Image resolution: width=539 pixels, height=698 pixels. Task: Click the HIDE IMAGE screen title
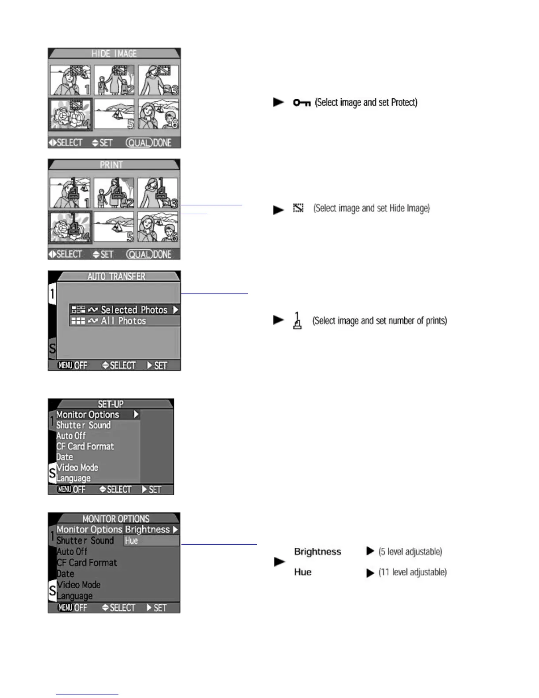click(x=114, y=54)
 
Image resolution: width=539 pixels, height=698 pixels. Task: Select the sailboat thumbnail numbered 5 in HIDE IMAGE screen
click(x=114, y=114)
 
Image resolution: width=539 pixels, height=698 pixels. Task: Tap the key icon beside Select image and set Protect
click(x=302, y=103)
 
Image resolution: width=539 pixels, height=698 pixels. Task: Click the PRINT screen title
click(x=111, y=165)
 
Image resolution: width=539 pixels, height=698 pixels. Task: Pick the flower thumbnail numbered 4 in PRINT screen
click(x=70, y=227)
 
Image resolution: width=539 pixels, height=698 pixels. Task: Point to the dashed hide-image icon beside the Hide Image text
click(x=299, y=208)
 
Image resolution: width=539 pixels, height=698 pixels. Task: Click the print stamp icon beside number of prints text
click(x=298, y=321)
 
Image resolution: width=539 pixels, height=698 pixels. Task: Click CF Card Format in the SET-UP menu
click(x=85, y=446)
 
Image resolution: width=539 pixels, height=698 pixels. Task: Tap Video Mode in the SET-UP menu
click(x=77, y=468)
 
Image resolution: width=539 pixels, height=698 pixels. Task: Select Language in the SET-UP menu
click(x=74, y=478)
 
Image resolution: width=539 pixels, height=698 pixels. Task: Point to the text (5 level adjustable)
click(x=410, y=552)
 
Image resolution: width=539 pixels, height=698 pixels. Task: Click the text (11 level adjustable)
click(x=412, y=572)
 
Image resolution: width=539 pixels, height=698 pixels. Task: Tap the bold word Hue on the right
click(x=303, y=572)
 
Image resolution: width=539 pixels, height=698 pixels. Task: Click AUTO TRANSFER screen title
click(x=116, y=276)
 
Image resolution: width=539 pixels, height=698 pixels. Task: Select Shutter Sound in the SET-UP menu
click(x=83, y=425)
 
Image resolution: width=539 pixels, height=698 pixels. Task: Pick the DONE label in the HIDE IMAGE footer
click(x=162, y=143)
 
